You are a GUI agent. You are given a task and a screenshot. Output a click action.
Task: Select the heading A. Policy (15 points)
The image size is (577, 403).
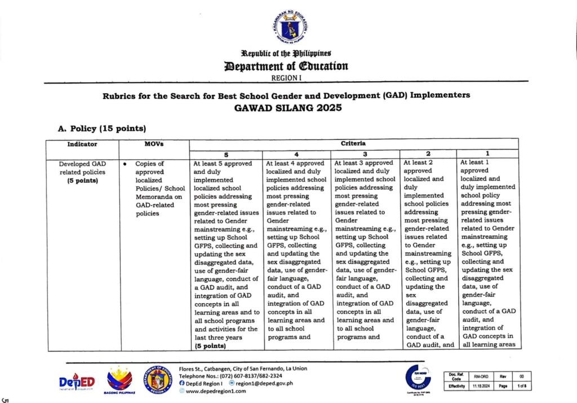click(x=103, y=128)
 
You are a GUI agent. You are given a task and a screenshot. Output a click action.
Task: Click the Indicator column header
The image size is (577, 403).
click(x=82, y=144)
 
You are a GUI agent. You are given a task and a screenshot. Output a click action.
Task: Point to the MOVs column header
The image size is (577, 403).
click(x=154, y=144)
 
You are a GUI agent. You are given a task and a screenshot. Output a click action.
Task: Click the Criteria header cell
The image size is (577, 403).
click(x=353, y=144)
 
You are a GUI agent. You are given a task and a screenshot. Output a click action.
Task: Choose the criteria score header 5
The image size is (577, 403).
click(x=225, y=154)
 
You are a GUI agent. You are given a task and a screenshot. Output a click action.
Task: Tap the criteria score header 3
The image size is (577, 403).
click(x=366, y=154)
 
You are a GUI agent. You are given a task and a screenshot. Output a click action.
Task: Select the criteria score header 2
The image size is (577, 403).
click(x=428, y=154)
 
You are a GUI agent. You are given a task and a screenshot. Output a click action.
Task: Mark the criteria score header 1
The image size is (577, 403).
click(x=487, y=154)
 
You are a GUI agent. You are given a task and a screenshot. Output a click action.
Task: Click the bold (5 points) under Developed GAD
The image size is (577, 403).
click(x=83, y=181)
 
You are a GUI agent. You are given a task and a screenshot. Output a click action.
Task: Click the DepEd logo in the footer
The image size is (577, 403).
click(x=77, y=382)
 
